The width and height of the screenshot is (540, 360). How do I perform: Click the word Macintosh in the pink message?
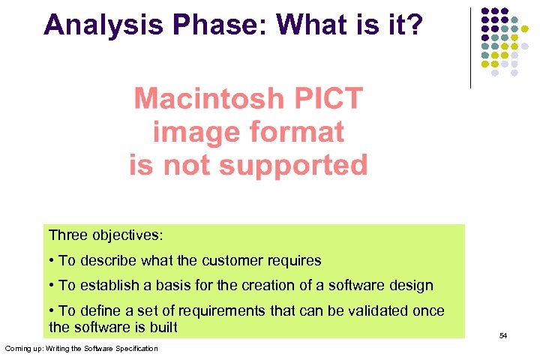tap(208, 98)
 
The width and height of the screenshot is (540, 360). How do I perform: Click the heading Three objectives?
tap(105, 235)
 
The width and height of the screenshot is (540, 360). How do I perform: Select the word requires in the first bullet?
tap(294, 260)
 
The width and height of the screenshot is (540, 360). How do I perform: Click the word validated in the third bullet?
tap(352, 310)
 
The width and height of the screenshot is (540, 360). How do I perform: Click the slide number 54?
tap(503, 335)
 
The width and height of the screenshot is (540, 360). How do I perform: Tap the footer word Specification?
tap(136, 348)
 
